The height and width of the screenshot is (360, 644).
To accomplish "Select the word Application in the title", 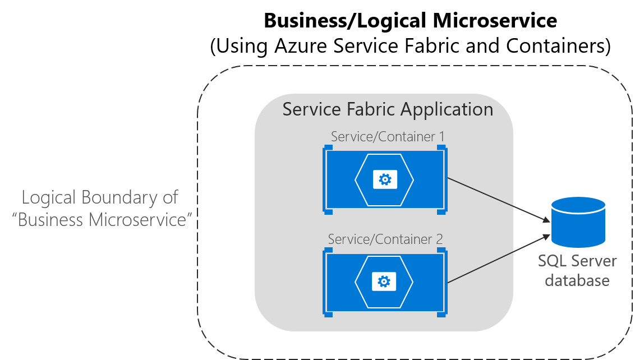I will click(x=449, y=109).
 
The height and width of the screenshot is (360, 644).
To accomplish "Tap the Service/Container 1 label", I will click(x=388, y=136).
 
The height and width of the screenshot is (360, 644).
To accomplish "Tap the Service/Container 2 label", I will click(x=385, y=239).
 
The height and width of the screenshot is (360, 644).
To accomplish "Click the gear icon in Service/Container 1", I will click(x=385, y=179).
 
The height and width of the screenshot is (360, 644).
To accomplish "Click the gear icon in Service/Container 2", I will click(x=384, y=281).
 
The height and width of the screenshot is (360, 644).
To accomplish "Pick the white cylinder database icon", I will click(x=578, y=222).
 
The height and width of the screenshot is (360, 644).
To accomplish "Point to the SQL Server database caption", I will click(x=577, y=270).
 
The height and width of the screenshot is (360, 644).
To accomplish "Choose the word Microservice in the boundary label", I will click(x=138, y=219).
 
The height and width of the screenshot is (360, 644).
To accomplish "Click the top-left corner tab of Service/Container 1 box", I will click(x=328, y=147).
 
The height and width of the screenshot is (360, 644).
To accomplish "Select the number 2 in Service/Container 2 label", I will click(x=439, y=239).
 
